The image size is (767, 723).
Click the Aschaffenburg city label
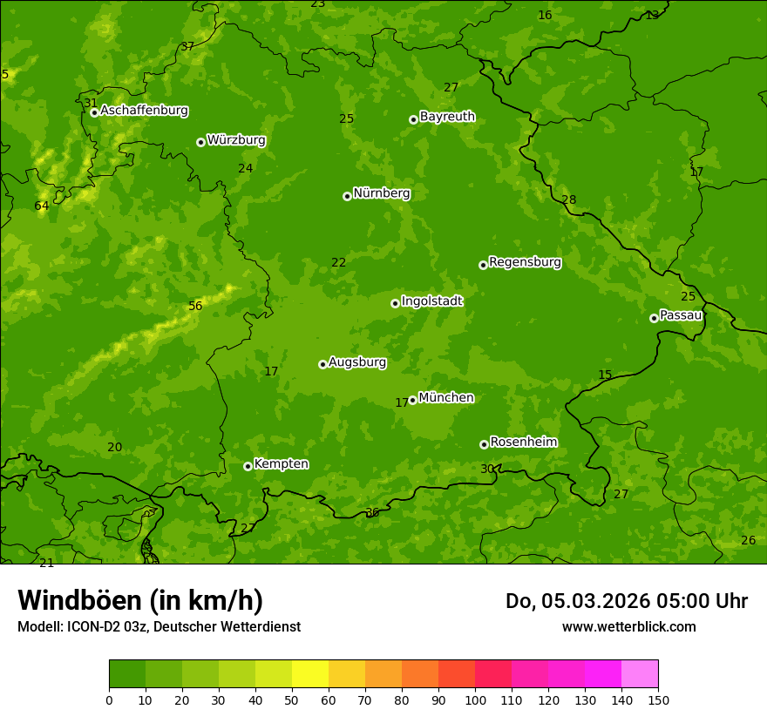point(144,111)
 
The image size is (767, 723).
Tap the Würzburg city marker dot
point(200,142)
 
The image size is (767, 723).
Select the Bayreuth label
point(447,117)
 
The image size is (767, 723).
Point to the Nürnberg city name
point(381,193)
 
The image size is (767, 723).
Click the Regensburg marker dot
point(483,265)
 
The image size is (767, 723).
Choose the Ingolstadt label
point(431,301)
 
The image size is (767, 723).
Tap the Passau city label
point(680,315)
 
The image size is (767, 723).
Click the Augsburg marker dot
point(322,364)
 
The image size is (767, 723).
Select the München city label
point(446,398)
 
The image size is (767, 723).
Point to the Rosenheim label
point(523,443)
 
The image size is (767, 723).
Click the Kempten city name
point(281,464)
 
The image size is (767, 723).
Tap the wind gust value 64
point(41,206)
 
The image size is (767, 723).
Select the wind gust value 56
point(195,306)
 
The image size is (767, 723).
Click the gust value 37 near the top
point(187,47)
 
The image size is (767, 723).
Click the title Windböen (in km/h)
point(140,600)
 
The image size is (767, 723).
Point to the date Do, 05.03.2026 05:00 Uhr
point(626,601)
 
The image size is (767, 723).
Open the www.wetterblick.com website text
point(628,627)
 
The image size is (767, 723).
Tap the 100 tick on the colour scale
point(475,699)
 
